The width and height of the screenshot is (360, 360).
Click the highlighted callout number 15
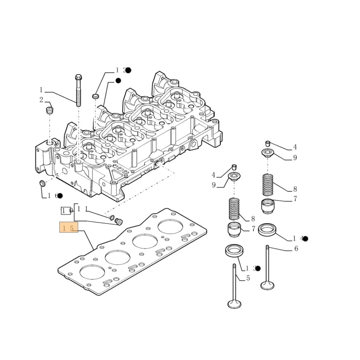(x=68, y=228)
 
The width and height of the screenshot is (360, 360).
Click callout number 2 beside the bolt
(x=41, y=100)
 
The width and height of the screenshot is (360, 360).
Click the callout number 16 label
(x=53, y=195)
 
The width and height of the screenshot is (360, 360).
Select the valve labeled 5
(x=234, y=288)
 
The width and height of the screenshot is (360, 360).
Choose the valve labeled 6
(x=267, y=268)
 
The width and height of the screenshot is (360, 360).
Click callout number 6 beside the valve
(x=296, y=248)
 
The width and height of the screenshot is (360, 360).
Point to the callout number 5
(x=248, y=278)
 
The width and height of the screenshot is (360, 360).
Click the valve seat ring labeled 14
(x=267, y=229)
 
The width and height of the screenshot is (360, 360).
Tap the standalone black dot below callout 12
(x=118, y=81)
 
